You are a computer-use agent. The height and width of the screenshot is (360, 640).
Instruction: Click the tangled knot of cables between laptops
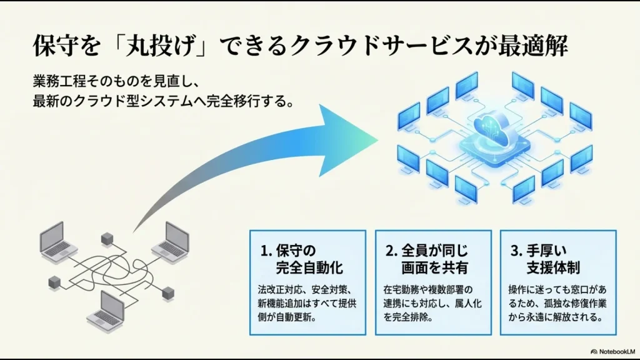(112, 269)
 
